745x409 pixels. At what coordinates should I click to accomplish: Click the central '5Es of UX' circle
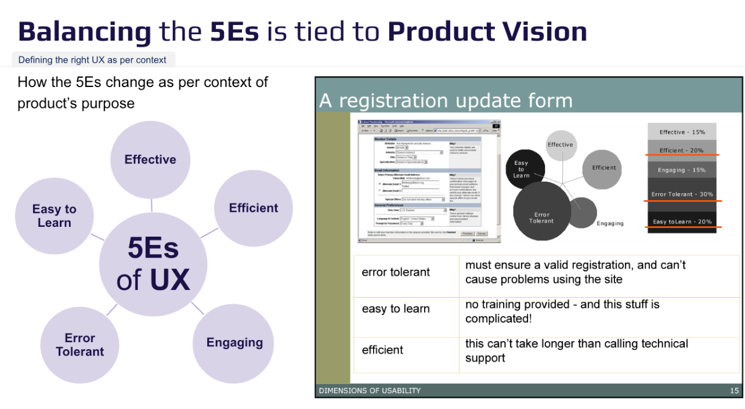tap(153, 264)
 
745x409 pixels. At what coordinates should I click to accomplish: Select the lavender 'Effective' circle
tap(150, 160)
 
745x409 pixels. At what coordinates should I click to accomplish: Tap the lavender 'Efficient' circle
tap(254, 208)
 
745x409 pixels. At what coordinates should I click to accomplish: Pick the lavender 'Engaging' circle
tap(234, 342)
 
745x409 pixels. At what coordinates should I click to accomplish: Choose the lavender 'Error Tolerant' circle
tap(80, 345)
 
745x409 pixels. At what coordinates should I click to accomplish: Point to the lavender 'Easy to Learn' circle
tap(54, 216)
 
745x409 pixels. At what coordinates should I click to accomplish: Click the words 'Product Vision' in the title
tap(487, 31)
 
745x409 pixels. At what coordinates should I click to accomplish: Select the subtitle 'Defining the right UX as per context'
tap(92, 60)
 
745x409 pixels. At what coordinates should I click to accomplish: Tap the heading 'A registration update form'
tap(446, 101)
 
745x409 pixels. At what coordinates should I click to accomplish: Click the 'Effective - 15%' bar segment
tap(682, 132)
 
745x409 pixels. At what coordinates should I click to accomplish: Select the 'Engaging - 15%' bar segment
tap(682, 170)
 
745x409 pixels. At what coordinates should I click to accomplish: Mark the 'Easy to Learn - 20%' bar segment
tap(682, 220)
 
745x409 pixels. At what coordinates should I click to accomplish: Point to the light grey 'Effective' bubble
tap(560, 145)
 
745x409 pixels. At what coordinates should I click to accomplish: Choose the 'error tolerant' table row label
tap(396, 272)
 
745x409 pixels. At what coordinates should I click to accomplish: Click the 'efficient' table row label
tap(382, 350)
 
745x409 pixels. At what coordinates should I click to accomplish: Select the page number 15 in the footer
tap(734, 390)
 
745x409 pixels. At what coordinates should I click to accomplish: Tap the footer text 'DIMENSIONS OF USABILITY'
tap(370, 390)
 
